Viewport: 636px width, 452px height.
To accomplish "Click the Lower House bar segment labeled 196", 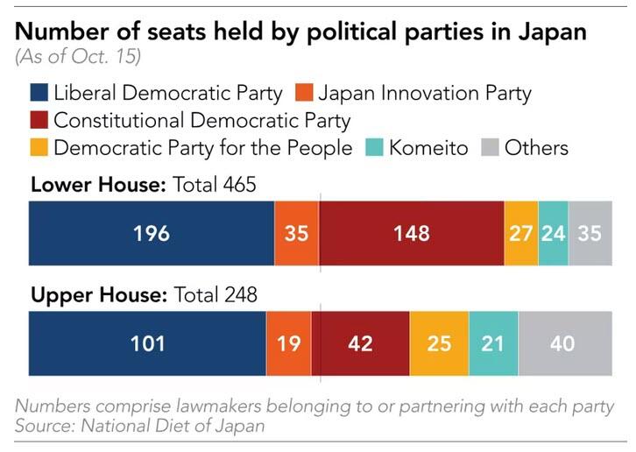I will point(152,233).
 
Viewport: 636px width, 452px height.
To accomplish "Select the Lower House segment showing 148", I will point(412,233).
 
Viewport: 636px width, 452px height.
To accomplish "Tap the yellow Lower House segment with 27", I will point(521,233).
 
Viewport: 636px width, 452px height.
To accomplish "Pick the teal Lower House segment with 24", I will point(554,233).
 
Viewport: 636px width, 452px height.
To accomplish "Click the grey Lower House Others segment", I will point(590,233).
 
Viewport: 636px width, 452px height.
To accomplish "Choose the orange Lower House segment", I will point(297,233).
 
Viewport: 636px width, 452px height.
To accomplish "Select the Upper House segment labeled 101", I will point(147,343).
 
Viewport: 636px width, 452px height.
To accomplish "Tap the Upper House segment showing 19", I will point(289,343).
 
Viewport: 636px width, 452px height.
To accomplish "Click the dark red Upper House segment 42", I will point(360,343).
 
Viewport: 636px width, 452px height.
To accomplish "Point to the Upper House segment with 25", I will point(439,343).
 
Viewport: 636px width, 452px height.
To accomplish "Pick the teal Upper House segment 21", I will point(493,343).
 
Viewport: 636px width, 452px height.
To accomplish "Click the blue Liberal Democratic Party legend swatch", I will point(39,93).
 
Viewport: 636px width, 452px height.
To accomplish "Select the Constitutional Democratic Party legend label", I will point(201,120).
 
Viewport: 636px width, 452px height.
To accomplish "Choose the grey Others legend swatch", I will point(490,147).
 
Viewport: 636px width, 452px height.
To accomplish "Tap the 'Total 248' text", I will point(216,295).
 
